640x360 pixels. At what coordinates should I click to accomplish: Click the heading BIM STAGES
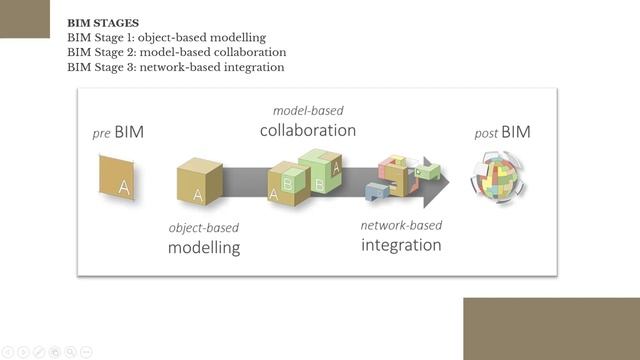coord(102,21)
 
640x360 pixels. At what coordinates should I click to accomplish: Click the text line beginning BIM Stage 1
coord(166,37)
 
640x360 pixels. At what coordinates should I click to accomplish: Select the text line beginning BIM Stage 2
coord(176,52)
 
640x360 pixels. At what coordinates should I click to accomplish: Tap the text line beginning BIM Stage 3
coord(175,67)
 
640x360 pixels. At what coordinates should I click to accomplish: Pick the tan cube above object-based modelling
coord(199,182)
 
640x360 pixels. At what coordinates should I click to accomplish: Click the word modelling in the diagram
coord(204,247)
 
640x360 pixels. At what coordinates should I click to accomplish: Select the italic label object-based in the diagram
coord(204,227)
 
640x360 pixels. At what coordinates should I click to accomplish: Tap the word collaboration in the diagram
coord(307,130)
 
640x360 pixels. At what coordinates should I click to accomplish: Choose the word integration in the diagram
coord(401,244)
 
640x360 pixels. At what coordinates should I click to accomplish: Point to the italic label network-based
coord(401,224)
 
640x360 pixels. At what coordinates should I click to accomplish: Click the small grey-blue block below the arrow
coord(377,190)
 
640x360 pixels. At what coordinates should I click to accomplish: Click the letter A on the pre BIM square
coord(124,187)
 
